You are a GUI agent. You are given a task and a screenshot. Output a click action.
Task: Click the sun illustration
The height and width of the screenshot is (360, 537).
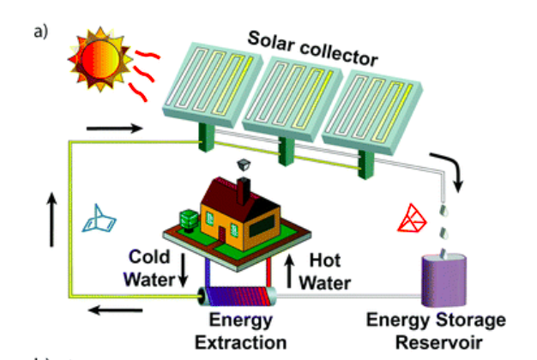click(x=100, y=59)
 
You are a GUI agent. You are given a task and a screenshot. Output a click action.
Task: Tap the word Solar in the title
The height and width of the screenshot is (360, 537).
click(x=271, y=43)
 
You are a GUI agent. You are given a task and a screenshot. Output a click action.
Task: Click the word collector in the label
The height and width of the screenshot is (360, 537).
click(x=339, y=55)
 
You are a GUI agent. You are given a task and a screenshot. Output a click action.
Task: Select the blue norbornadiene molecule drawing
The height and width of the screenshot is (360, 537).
click(x=99, y=219)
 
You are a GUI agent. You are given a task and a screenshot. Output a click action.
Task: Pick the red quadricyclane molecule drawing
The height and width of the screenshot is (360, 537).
click(x=412, y=219)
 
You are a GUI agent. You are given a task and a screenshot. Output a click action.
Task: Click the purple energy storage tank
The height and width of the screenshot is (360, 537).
click(x=443, y=280)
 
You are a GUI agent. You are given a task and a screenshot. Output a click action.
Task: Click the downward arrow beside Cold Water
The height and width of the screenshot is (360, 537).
click(x=184, y=270)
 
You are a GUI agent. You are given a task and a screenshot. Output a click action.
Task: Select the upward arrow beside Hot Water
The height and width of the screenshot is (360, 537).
click(x=289, y=271)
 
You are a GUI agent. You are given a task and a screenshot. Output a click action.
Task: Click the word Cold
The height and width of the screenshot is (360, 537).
click(x=149, y=256)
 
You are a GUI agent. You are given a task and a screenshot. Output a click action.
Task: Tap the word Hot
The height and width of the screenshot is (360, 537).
click(x=324, y=261)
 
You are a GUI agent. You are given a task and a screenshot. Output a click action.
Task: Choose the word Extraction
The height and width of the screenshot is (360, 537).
click(x=241, y=343)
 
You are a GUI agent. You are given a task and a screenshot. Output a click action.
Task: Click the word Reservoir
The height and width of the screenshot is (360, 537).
click(x=439, y=343)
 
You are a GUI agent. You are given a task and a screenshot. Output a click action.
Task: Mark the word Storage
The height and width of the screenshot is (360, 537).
click(x=471, y=321)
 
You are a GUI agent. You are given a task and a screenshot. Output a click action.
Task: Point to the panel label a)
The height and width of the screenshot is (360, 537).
click(x=41, y=32)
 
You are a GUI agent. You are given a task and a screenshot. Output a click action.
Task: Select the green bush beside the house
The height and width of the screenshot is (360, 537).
click(x=189, y=219)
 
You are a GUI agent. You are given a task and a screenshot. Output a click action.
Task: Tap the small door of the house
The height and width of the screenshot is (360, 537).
click(x=222, y=234)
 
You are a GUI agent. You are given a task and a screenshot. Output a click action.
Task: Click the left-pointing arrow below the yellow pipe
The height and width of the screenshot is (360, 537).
click(x=116, y=310)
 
